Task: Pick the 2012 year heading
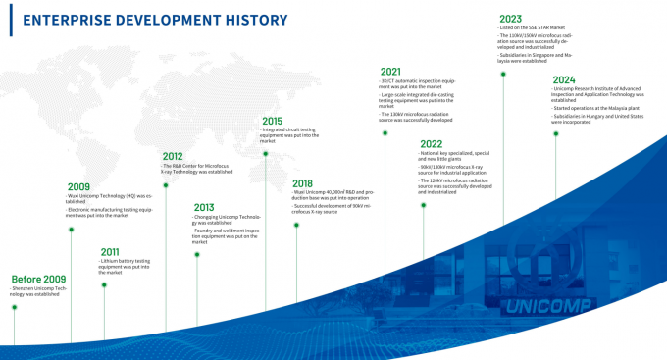[x=173, y=156]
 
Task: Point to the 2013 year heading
[x=205, y=207]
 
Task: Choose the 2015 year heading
[x=272, y=121]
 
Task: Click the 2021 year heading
[x=390, y=71]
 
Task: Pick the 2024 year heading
[x=564, y=78]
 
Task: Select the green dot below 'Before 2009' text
[x=14, y=307]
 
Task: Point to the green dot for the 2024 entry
[x=556, y=134]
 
